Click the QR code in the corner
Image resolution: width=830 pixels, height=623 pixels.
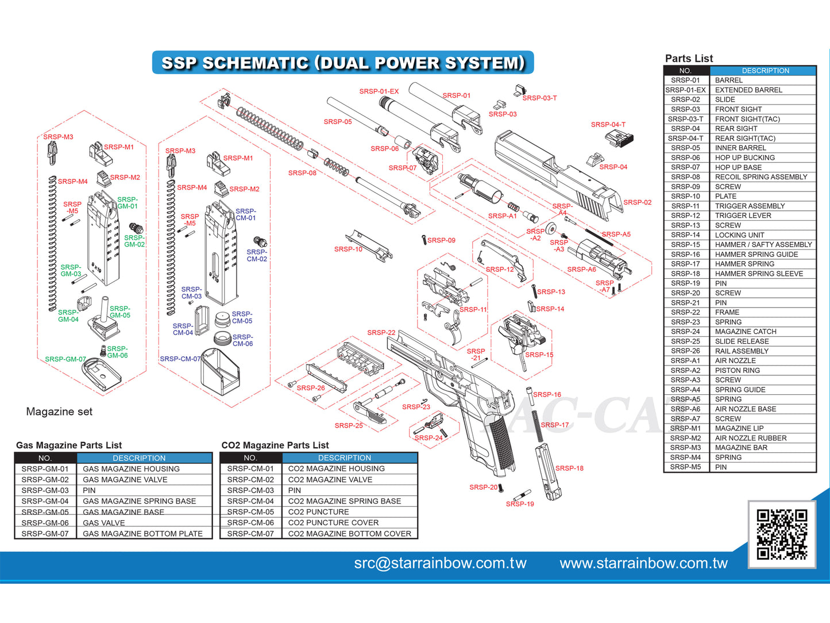tap(782, 534)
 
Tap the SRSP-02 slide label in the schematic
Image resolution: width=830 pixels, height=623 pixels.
tap(637, 202)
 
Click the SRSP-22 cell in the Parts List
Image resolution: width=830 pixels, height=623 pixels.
tap(685, 312)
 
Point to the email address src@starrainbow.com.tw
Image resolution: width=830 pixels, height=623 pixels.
tap(440, 563)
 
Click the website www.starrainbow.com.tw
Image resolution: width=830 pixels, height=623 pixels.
tap(643, 563)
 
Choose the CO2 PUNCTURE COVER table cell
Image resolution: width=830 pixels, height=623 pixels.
tap(333, 522)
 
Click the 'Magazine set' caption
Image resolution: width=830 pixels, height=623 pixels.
tap(59, 412)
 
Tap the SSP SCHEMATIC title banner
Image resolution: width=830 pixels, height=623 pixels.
tap(343, 63)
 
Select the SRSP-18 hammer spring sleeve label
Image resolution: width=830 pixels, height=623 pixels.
tap(569, 468)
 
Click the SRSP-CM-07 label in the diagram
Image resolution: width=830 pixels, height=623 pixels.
tap(180, 359)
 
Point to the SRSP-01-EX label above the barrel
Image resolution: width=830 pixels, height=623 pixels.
tap(379, 91)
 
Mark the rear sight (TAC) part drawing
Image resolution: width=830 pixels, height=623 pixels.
tap(619, 138)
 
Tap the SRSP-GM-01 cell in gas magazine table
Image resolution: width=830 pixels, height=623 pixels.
tap(45, 469)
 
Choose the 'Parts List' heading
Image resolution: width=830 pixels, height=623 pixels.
tap(689, 59)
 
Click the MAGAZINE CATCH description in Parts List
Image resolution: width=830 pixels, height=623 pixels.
tap(746, 332)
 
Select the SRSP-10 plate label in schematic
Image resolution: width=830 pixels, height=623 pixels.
tap(348, 249)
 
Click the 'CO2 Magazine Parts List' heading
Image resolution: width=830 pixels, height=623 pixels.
tap(275, 445)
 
